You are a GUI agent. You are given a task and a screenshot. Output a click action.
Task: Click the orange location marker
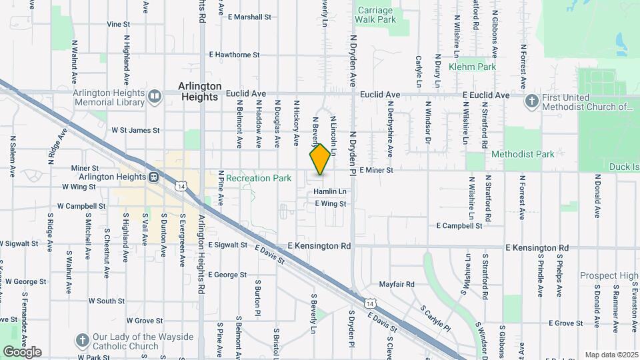321,159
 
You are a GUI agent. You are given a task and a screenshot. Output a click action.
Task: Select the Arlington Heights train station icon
153,177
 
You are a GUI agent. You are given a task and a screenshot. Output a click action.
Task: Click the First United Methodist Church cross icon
531,101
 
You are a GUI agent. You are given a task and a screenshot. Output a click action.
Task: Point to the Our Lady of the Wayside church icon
82,340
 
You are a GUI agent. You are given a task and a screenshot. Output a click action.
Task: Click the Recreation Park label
259,178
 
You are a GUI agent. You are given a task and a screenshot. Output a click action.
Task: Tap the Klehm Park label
472,67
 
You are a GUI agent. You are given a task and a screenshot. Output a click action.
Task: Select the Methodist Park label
523,154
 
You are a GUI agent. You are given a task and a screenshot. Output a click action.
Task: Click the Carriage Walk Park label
377,15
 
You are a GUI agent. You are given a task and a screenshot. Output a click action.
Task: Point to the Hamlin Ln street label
331,191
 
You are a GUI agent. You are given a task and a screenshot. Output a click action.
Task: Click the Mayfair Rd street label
397,284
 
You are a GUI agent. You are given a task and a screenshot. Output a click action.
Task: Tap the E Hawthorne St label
233,55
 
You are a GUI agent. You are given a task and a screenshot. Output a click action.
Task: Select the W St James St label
135,131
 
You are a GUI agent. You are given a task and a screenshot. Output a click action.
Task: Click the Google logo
22,351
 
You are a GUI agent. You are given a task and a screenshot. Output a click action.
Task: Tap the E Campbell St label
459,226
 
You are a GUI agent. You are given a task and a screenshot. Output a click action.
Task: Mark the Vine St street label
118,24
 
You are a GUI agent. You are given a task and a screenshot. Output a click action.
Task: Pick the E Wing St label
331,203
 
